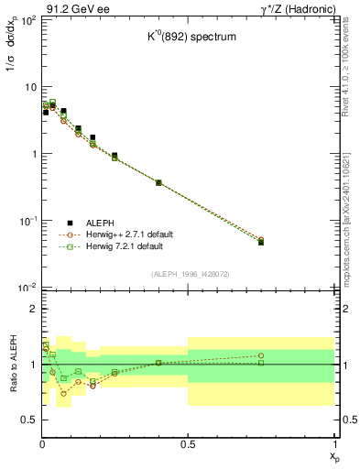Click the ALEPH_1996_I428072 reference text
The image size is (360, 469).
coord(189,275)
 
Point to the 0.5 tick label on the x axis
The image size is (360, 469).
coord(188,444)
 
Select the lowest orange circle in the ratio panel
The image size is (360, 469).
coord(63,393)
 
